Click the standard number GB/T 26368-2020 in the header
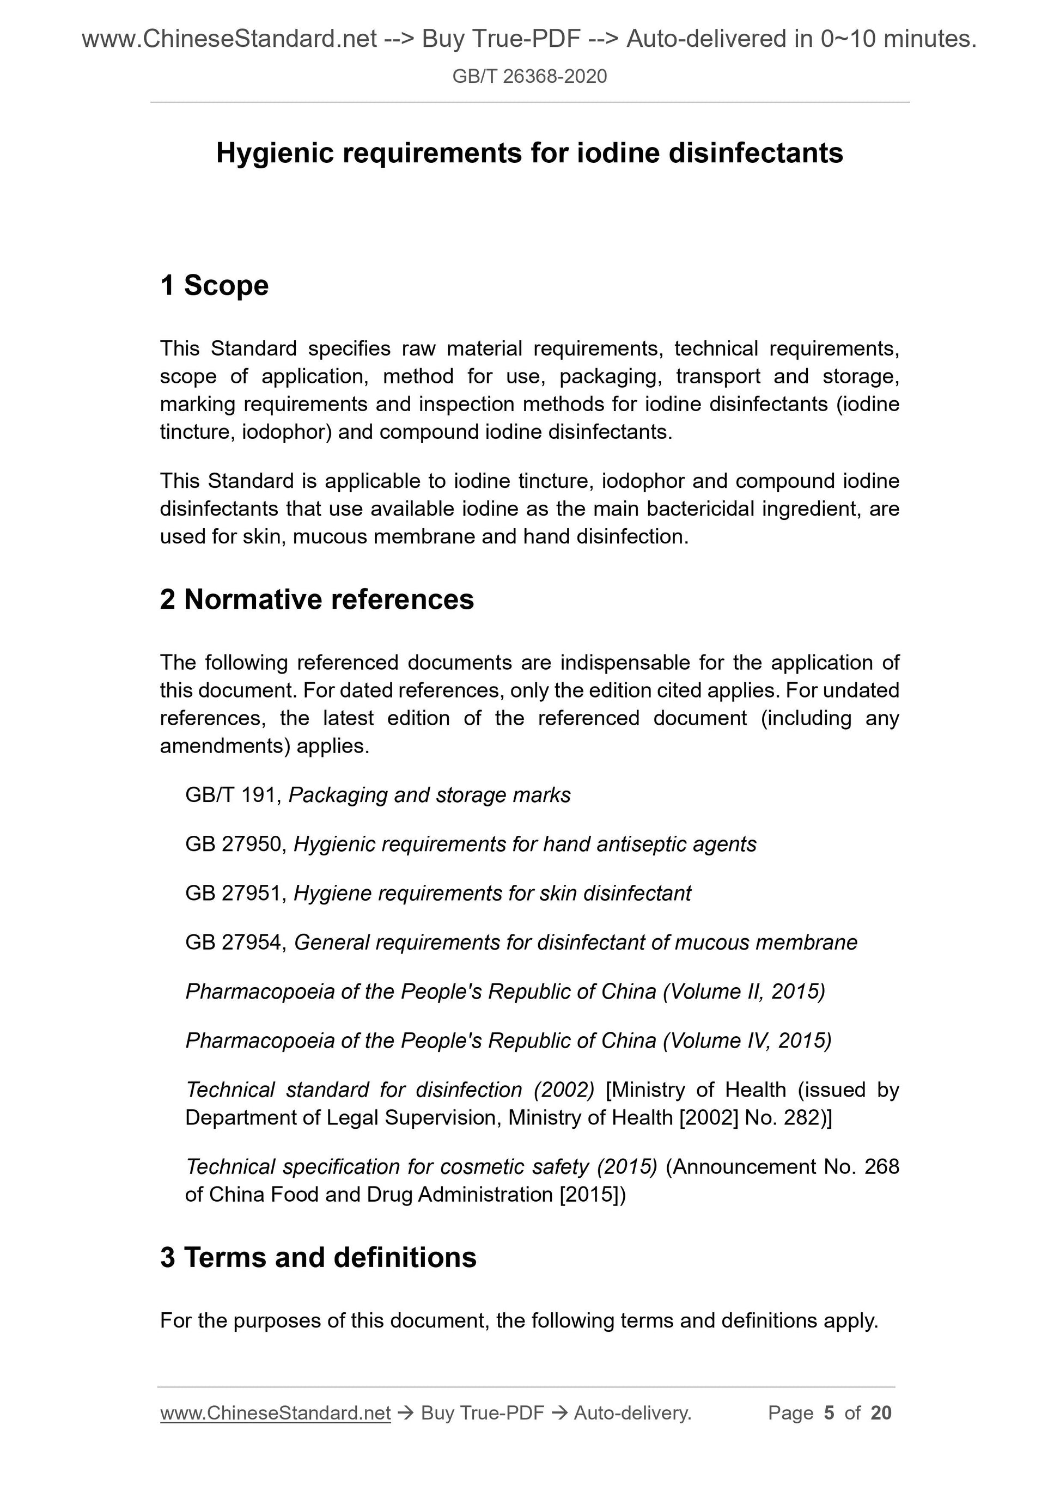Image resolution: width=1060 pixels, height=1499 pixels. click(x=529, y=76)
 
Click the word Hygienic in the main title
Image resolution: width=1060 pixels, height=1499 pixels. click(x=275, y=154)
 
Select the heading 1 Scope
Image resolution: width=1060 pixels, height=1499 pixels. click(x=214, y=285)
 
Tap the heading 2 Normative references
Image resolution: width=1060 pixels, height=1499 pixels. click(x=317, y=599)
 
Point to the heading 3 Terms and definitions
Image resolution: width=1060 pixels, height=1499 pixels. click(x=318, y=1257)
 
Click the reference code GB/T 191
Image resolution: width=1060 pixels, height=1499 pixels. click(x=233, y=795)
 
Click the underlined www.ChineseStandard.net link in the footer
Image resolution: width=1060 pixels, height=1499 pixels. click(x=275, y=1413)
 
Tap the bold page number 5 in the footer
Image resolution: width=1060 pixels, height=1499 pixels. click(x=829, y=1413)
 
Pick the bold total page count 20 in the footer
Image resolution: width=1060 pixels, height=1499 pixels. click(x=880, y=1413)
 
